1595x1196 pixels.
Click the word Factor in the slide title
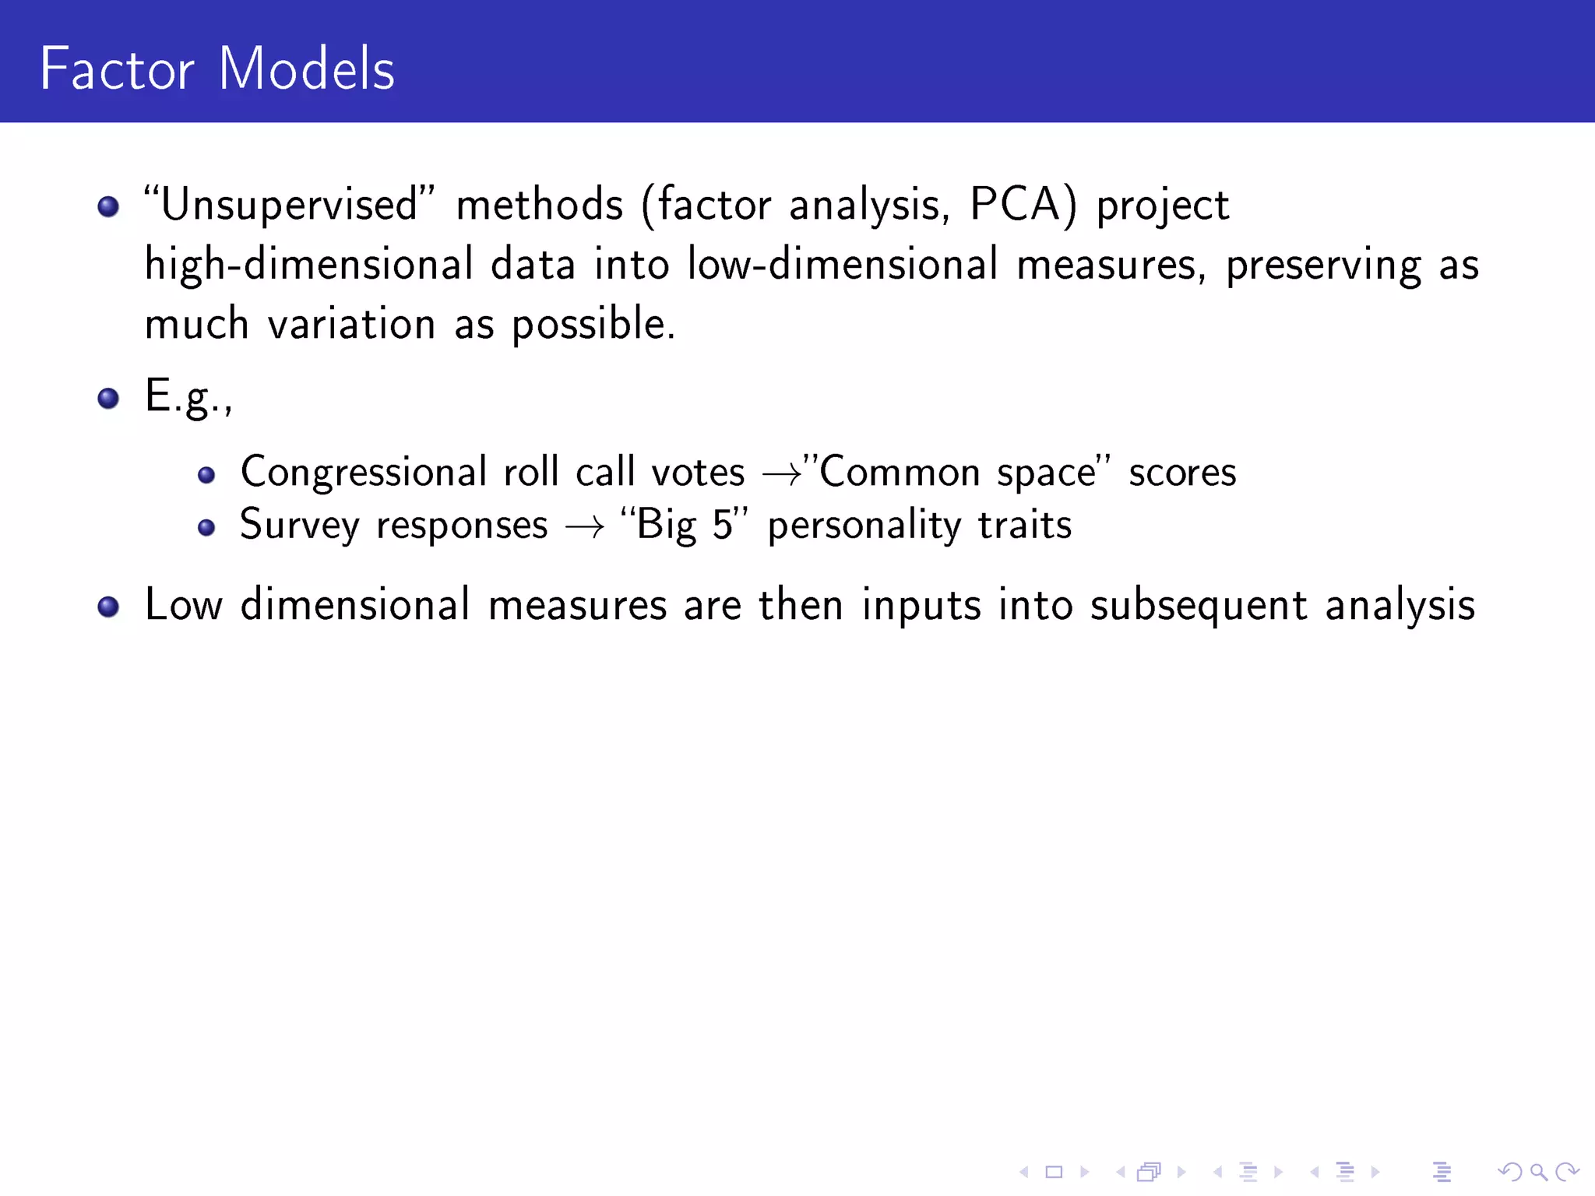tap(117, 69)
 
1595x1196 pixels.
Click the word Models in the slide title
tap(307, 69)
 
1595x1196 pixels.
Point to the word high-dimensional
tap(309, 265)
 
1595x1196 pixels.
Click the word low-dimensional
tap(843, 265)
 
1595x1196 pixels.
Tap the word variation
tap(351, 324)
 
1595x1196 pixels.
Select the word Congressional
tap(364, 473)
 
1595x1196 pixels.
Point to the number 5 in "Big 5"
tap(723, 525)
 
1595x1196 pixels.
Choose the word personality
tap(864, 526)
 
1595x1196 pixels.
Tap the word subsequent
tap(1198, 607)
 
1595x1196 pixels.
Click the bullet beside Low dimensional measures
tap(108, 607)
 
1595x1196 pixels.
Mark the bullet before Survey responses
tap(206, 528)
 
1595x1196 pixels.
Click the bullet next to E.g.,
tap(108, 399)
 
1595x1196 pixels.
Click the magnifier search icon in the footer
tap(1538, 1171)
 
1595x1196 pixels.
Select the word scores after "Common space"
tap(1182, 473)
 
